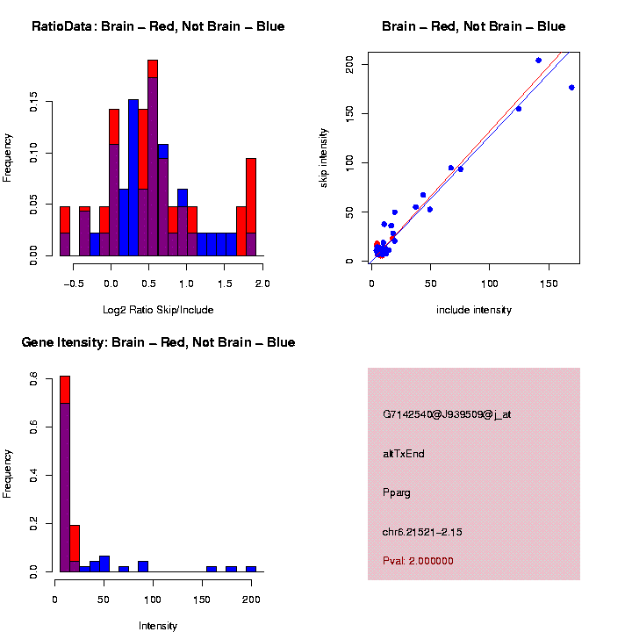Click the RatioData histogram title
[x=158, y=27]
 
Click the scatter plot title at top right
[x=473, y=27]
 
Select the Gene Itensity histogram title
[x=158, y=342]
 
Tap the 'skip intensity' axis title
[x=324, y=156]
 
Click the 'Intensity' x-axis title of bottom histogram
[x=158, y=626]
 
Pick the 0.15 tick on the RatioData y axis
[x=33, y=103]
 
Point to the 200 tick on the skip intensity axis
[x=349, y=64]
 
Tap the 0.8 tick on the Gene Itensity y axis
[x=33, y=379]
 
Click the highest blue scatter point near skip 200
[x=538, y=61]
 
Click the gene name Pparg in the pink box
[x=397, y=492]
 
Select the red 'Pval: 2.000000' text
[x=418, y=561]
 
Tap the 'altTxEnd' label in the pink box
[x=404, y=454]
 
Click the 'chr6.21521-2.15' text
[x=422, y=532]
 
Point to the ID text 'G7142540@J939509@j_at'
[x=447, y=414]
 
